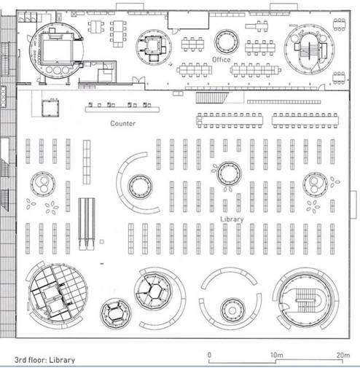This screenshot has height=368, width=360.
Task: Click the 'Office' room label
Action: pyautogui.click(x=221, y=60)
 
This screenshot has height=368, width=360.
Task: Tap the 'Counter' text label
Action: pyautogui.click(x=123, y=123)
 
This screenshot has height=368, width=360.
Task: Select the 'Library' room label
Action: pyautogui.click(x=232, y=219)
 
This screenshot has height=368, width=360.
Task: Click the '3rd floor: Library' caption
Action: pyautogui.click(x=44, y=360)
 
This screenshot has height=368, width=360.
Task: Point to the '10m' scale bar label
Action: pyautogui.click(x=276, y=355)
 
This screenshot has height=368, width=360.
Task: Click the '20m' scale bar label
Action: pyautogui.click(x=343, y=355)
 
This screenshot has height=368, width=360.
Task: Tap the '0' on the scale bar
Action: pyautogui.click(x=209, y=355)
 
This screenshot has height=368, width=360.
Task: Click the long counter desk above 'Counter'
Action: pyautogui.click(x=122, y=109)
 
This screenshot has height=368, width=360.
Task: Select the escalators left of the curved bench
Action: pyautogui.click(x=87, y=224)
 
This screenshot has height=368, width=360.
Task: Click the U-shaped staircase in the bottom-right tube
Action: pyautogui.click(x=308, y=301)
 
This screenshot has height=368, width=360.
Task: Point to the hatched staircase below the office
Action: pyautogui.click(x=212, y=98)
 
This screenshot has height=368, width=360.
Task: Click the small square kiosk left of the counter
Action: pyautogui.click(x=50, y=108)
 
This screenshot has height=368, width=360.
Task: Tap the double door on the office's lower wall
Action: pyautogui.click(x=138, y=79)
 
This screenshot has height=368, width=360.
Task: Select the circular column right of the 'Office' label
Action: pyautogui.click(x=227, y=42)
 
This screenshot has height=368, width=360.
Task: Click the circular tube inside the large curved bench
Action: pyautogui.click(x=140, y=187)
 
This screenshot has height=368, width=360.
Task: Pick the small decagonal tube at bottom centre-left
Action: pyautogui.click(x=116, y=314)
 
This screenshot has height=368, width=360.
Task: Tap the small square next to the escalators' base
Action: pyautogui.click(x=102, y=242)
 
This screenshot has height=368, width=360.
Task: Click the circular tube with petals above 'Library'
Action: pyautogui.click(x=229, y=173)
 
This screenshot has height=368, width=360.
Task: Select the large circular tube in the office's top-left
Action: pyautogui.click(x=56, y=50)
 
